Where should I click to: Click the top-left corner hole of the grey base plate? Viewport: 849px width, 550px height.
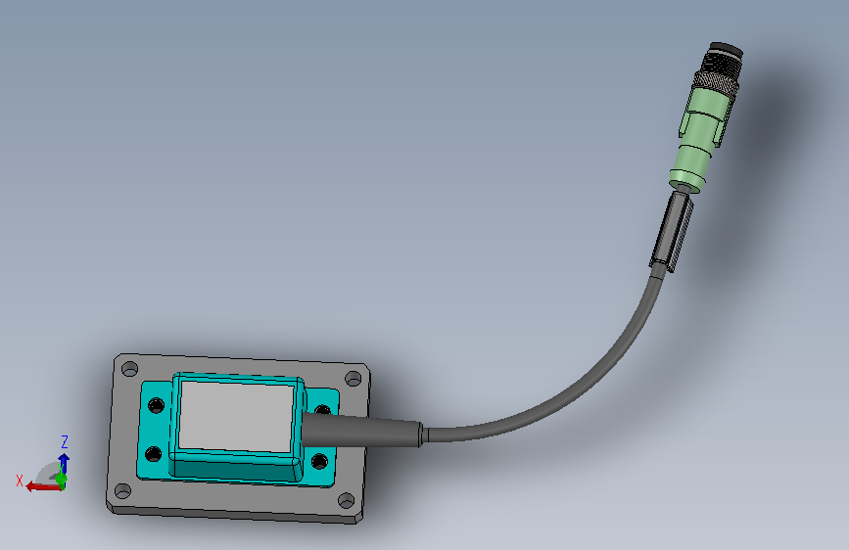130,369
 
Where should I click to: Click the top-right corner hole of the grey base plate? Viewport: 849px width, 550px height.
354,379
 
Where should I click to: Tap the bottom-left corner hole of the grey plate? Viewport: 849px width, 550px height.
123,491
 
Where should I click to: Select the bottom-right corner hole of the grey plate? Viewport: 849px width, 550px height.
346,501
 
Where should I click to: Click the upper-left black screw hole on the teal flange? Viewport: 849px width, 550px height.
156,405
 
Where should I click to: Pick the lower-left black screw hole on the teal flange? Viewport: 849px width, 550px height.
153,454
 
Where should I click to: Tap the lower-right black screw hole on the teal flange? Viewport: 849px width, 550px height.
319,462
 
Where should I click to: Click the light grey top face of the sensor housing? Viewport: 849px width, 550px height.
236,416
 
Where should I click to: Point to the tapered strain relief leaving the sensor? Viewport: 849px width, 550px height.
361,431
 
